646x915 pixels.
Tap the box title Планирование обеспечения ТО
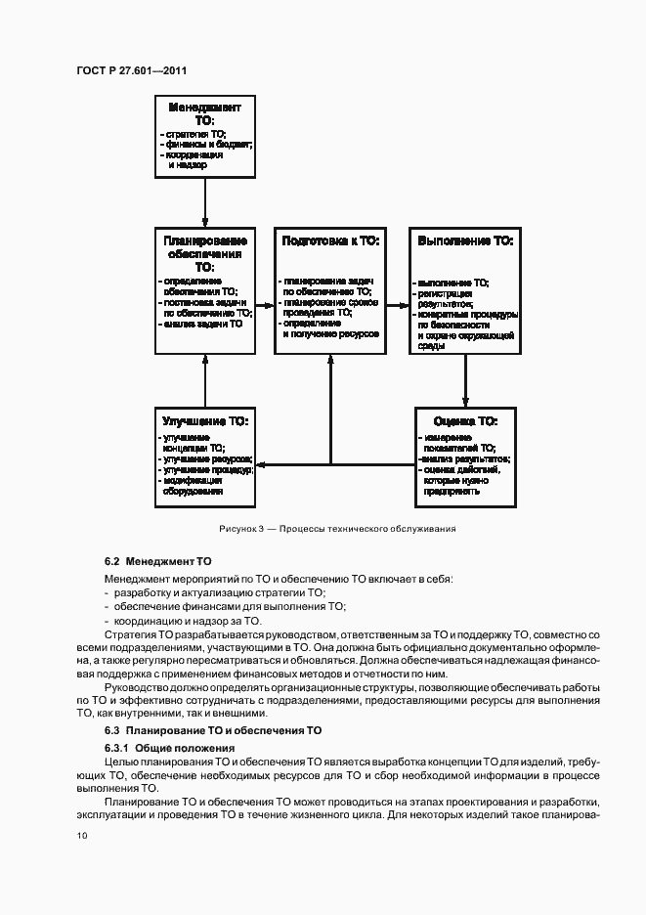click(205, 252)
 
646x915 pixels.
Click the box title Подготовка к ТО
click(330, 240)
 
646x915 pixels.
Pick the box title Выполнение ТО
click(465, 240)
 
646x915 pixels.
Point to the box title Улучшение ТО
click(205, 420)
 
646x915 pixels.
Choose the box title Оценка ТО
click(465, 420)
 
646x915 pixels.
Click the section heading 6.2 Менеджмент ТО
click(157, 562)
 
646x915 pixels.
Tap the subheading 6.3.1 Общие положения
click(170, 747)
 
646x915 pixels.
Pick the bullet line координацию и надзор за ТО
click(188, 620)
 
